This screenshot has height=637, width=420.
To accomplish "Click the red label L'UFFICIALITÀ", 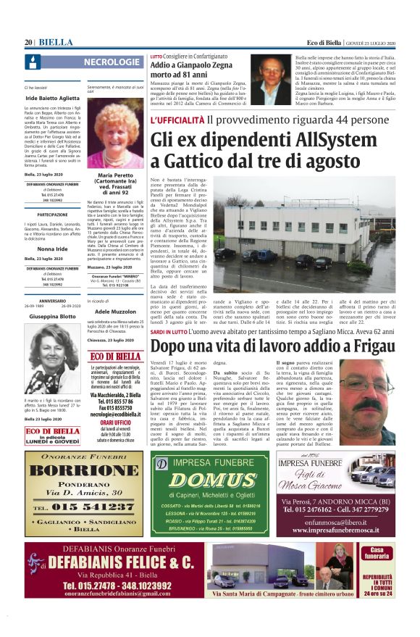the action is click(177, 120).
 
